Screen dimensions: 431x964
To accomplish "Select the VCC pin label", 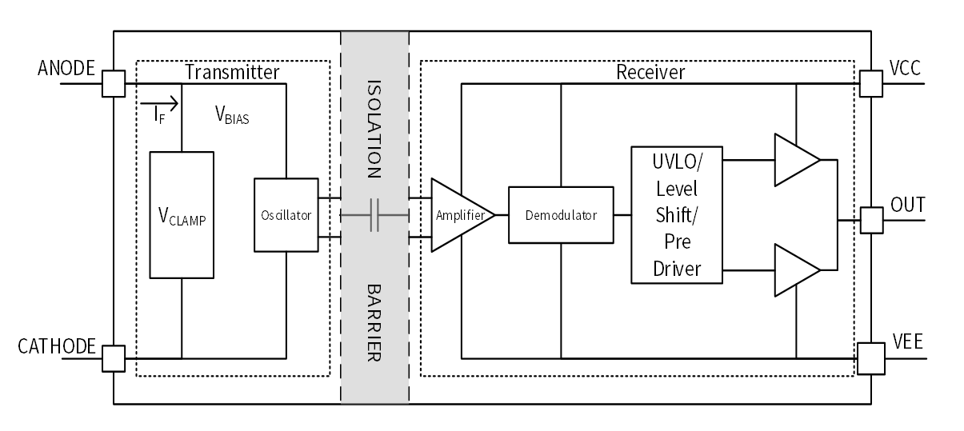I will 905,69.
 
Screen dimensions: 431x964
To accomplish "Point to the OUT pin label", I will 907,206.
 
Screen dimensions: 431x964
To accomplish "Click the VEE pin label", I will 907,343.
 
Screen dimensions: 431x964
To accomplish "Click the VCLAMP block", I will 182,214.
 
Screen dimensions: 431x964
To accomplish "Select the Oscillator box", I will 286,214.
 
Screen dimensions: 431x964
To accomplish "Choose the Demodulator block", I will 561,215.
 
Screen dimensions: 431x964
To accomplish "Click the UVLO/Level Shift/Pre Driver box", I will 677,214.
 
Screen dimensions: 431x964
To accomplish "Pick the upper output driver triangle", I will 795,159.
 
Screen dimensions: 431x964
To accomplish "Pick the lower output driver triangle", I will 795,269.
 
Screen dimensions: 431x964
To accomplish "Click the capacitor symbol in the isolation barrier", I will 374,215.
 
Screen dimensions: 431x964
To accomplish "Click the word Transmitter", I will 232,72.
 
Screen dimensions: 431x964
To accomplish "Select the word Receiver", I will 650,72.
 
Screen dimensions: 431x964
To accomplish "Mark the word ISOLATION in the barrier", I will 374,128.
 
